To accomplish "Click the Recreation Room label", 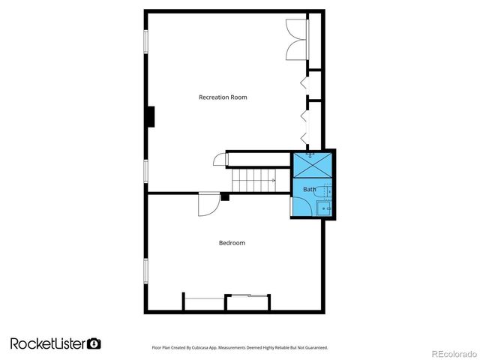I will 223,97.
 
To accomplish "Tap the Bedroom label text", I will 232,243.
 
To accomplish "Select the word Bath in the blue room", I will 309,190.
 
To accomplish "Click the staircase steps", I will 253,181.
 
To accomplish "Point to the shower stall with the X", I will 314,164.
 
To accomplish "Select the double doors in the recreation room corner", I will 296,38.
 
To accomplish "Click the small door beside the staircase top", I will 219,160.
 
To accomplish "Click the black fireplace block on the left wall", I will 151,117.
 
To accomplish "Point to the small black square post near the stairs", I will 224,197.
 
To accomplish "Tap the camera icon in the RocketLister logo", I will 94,343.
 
